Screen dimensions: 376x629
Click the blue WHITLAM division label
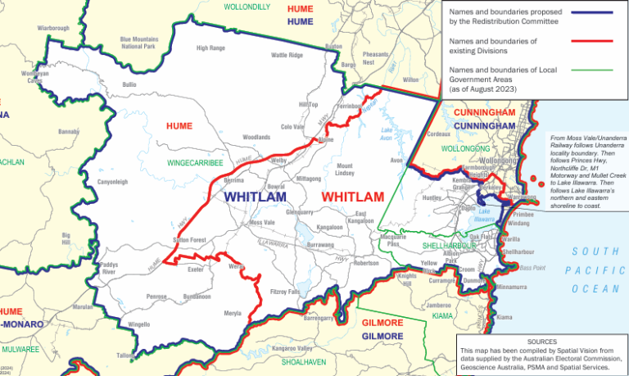tap(255, 197)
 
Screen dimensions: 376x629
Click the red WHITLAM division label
tap(353, 197)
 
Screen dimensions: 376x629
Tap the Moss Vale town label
tap(262, 223)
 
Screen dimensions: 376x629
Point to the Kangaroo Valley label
tap(282, 350)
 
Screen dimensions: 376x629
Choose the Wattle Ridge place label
tap(287, 56)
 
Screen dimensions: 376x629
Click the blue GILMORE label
tap(382, 337)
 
